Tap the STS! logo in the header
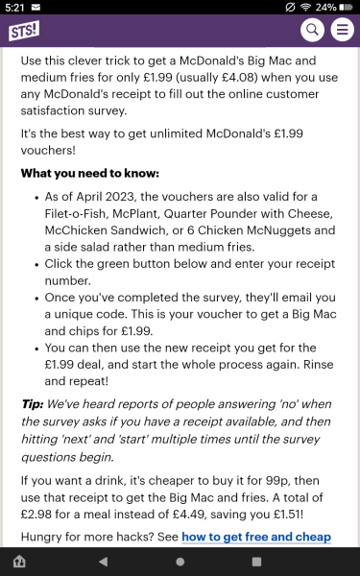25,30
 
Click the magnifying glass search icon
312,31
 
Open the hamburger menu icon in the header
341,31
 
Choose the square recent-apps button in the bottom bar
256,561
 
